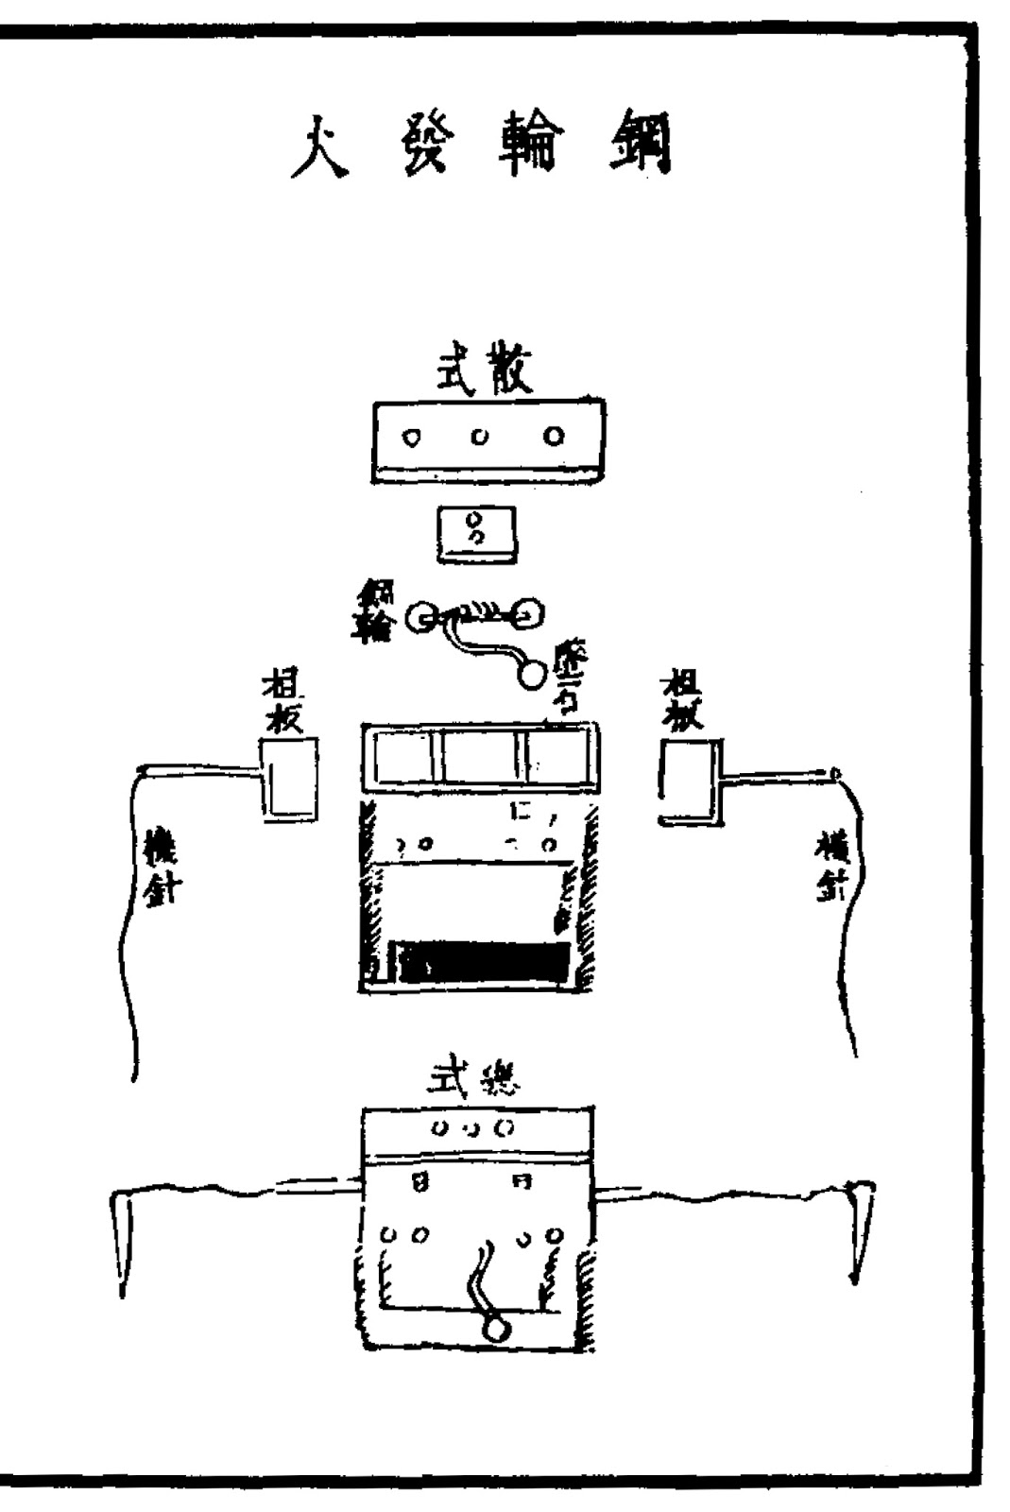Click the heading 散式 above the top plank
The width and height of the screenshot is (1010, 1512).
[x=484, y=369]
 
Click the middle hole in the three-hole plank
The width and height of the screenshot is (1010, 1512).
[x=481, y=437]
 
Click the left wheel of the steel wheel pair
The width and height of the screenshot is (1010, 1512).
[x=420, y=618]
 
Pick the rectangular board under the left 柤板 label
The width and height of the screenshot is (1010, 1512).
[x=289, y=780]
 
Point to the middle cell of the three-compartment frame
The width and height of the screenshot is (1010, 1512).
[x=480, y=757]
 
